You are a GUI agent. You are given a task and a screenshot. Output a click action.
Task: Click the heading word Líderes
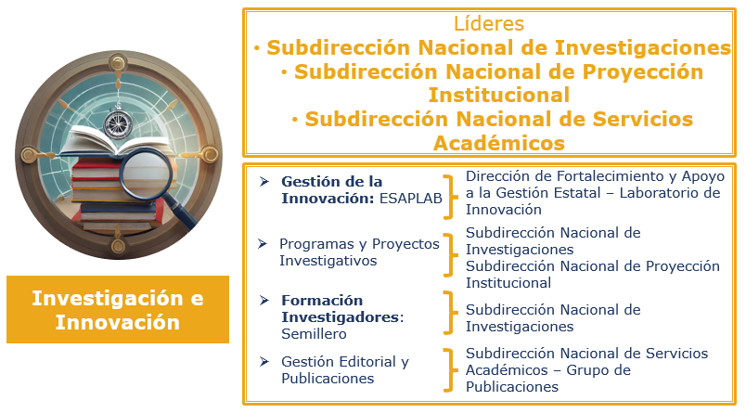click(489, 23)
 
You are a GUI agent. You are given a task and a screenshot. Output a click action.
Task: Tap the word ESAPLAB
click(411, 199)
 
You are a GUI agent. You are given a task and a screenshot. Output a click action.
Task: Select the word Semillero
click(314, 334)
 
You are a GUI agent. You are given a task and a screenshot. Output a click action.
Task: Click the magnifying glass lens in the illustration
click(146, 174)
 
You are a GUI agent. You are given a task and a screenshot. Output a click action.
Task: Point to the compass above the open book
click(117, 123)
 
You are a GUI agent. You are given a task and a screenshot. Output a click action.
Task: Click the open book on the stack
click(114, 141)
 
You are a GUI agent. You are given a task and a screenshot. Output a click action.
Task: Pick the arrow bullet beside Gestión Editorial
click(264, 362)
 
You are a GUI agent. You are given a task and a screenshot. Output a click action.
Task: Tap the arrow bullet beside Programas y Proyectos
click(263, 244)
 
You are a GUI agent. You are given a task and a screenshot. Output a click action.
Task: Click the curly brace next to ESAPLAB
click(450, 197)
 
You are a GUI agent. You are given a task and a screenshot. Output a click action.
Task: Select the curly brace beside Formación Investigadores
click(450, 313)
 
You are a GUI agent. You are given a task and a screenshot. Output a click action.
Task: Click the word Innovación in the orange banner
click(118, 323)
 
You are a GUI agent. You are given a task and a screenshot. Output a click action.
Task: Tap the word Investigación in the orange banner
click(108, 299)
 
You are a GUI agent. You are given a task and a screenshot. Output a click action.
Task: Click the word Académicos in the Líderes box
click(499, 143)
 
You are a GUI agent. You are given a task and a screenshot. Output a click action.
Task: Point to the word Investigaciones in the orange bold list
click(643, 48)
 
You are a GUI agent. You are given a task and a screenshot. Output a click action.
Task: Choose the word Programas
click(315, 245)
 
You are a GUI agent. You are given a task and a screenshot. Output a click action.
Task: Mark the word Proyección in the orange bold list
click(643, 71)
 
